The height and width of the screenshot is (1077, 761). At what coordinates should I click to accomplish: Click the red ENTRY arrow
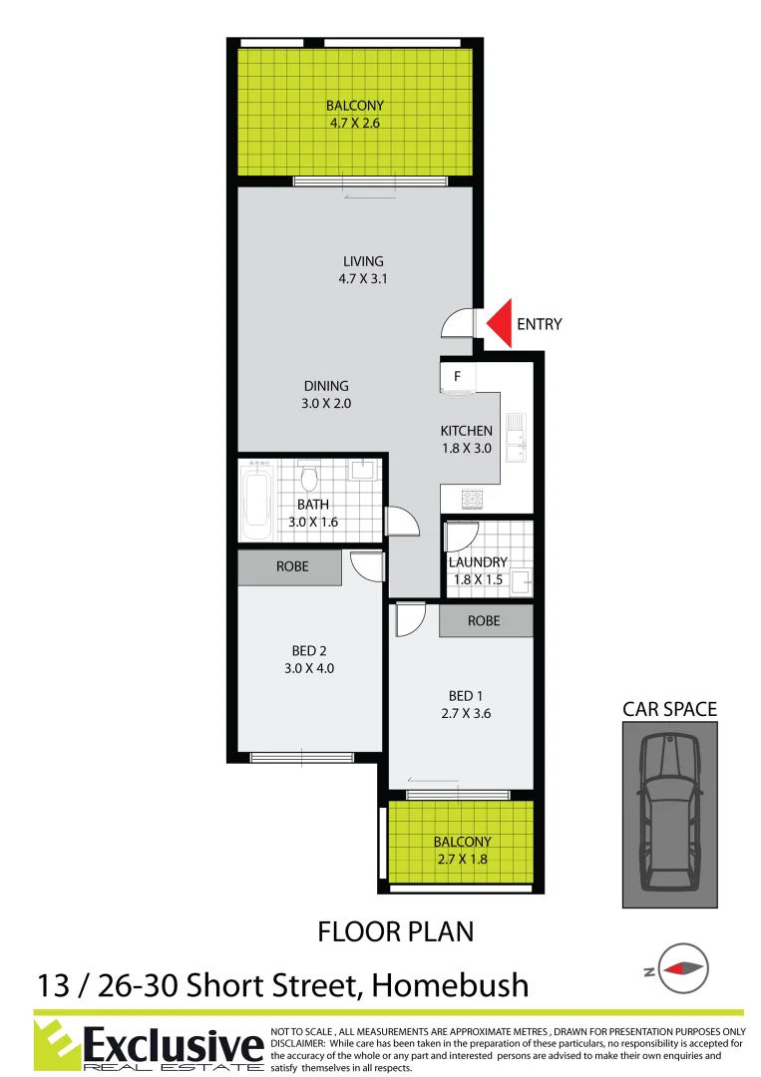coord(499,324)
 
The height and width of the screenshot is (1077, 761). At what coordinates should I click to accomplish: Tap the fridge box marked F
coord(457,377)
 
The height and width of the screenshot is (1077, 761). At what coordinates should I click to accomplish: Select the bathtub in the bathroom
coord(256,503)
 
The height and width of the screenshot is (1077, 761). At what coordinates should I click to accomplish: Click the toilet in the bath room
coord(309,476)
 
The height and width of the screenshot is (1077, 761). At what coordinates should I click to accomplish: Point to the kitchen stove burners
coord(471,499)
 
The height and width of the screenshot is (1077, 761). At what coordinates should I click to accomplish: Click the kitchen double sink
coord(516,439)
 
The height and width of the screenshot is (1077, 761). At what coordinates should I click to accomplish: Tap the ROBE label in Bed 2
coord(292,566)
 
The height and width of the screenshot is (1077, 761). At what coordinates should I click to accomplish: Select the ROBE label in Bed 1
coord(484,620)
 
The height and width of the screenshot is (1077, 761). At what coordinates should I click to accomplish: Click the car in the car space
coord(669,813)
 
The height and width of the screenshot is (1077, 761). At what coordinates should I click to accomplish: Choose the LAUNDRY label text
coord(478,562)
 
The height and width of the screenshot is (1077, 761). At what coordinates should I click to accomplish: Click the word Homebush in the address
coord(450,986)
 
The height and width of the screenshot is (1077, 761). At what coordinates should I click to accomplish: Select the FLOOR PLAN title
coord(395,931)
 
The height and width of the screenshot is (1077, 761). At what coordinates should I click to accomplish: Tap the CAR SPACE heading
coord(669,709)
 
